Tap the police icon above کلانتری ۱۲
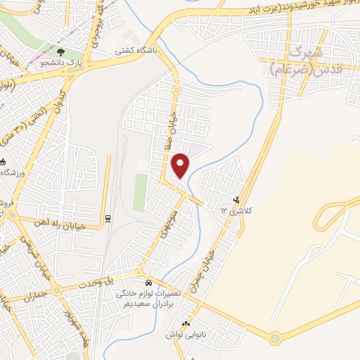(x=236, y=200)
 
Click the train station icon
(x=107, y=218)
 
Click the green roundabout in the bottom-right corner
(x=274, y=339)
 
